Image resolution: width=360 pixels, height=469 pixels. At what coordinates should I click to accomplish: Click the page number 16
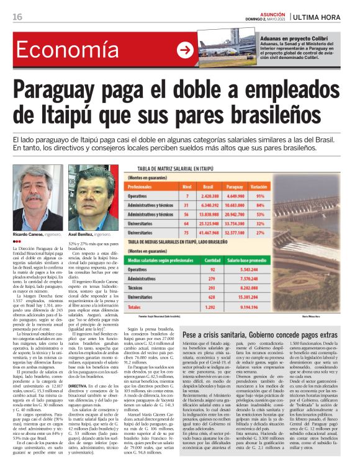point(17,16)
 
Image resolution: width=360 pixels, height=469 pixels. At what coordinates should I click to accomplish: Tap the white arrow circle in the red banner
point(184,50)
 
